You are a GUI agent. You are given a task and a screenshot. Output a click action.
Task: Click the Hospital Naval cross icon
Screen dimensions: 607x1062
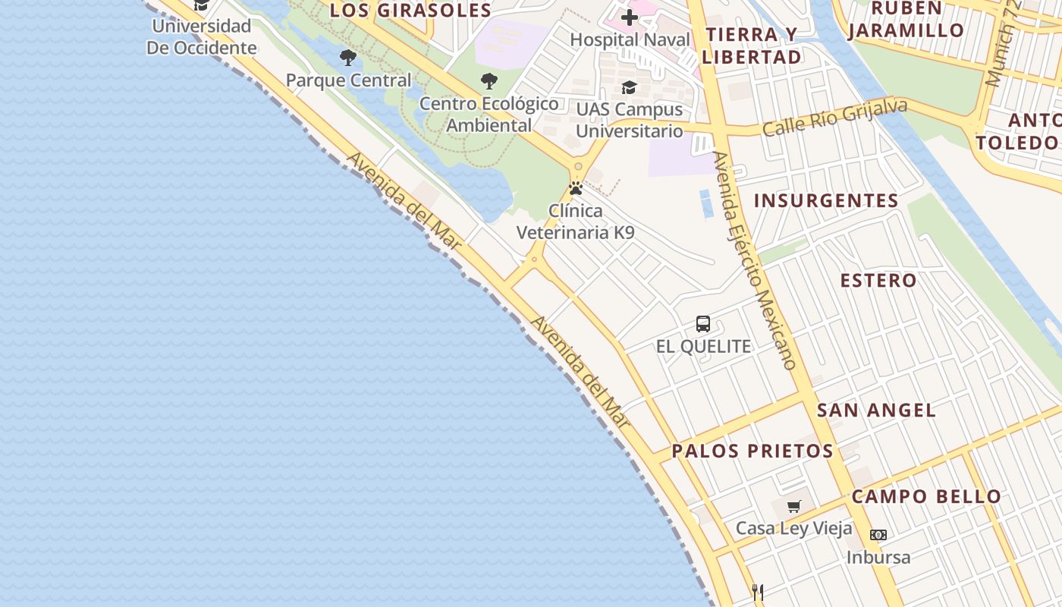pyautogui.click(x=629, y=17)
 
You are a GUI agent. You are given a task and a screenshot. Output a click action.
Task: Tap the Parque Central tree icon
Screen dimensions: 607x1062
pyautogui.click(x=348, y=58)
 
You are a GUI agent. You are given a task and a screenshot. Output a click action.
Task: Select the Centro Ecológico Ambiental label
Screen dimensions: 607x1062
pyautogui.click(x=489, y=115)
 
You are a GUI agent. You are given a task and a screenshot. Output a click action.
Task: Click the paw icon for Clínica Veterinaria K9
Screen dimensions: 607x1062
pyautogui.click(x=576, y=188)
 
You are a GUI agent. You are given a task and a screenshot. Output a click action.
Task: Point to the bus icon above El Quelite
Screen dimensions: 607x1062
pyautogui.click(x=703, y=324)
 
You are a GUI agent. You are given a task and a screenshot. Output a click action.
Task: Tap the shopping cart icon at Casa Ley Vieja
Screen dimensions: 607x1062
pyautogui.click(x=793, y=506)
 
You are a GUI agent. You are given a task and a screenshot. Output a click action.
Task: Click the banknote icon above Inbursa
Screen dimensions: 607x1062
pyautogui.click(x=878, y=535)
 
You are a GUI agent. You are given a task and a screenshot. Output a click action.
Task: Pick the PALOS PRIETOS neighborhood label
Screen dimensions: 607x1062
pyautogui.click(x=753, y=451)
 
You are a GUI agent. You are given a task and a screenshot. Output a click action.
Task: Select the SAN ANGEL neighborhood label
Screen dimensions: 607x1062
pyautogui.click(x=876, y=410)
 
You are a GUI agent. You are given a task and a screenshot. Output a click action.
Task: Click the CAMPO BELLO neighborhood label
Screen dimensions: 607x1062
pyautogui.click(x=926, y=497)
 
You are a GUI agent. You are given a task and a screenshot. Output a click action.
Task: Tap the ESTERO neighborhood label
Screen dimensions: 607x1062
pyautogui.click(x=878, y=280)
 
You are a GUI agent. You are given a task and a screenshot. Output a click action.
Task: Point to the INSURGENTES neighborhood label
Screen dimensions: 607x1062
pyautogui.click(x=826, y=201)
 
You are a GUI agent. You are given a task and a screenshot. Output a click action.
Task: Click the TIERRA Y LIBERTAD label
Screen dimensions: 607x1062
pyautogui.click(x=751, y=46)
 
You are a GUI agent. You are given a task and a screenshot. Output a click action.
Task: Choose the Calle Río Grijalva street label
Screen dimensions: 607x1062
pyautogui.click(x=834, y=118)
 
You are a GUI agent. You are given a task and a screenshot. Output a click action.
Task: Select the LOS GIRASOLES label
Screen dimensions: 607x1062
pyautogui.click(x=411, y=11)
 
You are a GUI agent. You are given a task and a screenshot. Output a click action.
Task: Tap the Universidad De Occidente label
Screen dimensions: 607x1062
pyautogui.click(x=201, y=36)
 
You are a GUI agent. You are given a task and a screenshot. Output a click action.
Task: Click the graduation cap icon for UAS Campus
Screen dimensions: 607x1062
pyautogui.click(x=629, y=88)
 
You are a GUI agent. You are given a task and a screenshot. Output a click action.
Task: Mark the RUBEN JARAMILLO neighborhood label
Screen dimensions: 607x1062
pyautogui.click(x=906, y=20)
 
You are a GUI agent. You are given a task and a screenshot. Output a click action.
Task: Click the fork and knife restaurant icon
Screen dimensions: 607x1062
pyautogui.click(x=757, y=592)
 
